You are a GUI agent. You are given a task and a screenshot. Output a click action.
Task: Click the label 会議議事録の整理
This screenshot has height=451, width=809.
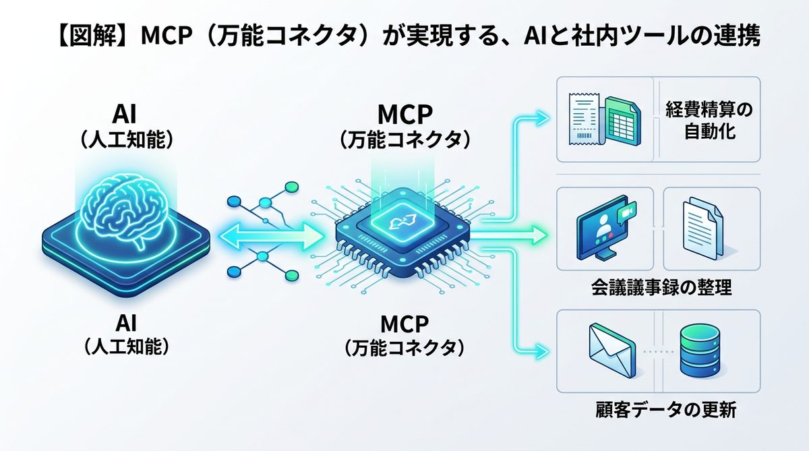coord(659,289)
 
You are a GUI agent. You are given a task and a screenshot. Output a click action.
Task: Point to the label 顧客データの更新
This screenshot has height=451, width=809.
coord(659,409)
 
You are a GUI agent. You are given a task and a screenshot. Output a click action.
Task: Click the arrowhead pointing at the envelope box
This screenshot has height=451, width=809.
coord(543,351)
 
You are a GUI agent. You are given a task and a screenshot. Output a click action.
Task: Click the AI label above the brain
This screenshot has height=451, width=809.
coord(127,112)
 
